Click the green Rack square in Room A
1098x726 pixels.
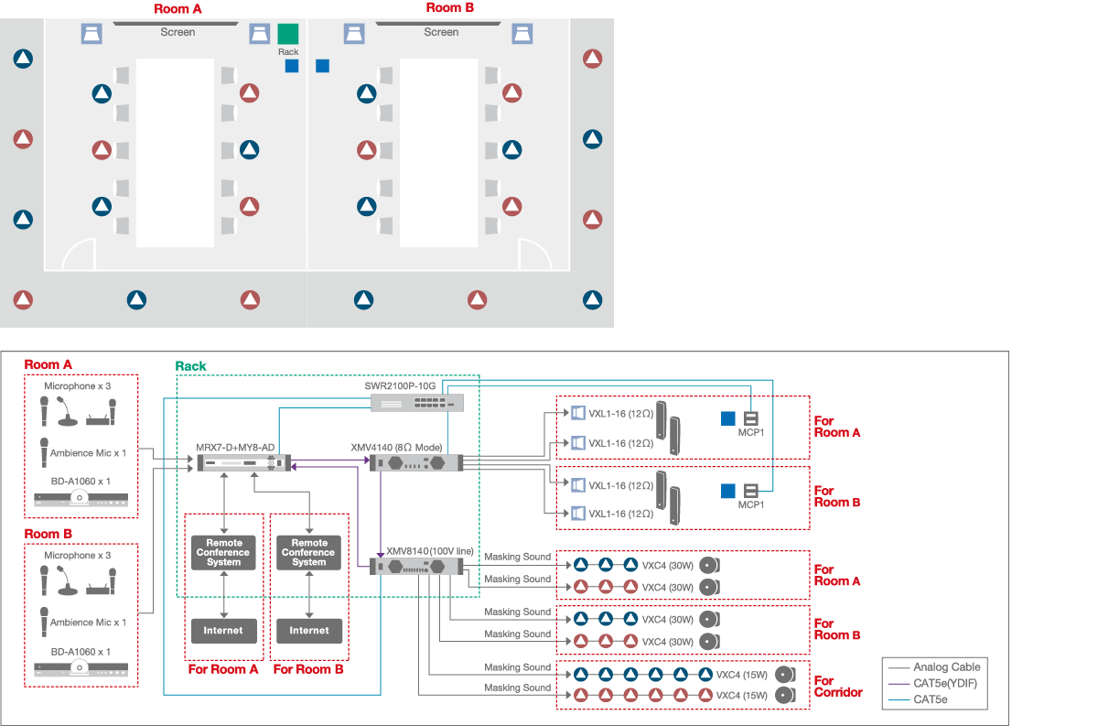click(x=288, y=35)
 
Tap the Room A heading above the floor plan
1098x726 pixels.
click(x=178, y=8)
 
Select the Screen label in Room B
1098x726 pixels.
click(x=441, y=32)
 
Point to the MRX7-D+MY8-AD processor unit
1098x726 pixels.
click(x=235, y=463)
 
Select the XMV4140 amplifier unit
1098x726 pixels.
click(x=416, y=463)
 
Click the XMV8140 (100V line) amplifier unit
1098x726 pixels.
click(x=416, y=567)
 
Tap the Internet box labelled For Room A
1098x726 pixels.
click(x=223, y=631)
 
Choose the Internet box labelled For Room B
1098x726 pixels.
click(x=309, y=631)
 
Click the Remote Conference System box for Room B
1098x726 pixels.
click(x=309, y=553)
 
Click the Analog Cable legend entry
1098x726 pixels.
click(x=946, y=667)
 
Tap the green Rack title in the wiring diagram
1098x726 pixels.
click(x=191, y=366)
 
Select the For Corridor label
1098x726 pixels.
click(x=837, y=687)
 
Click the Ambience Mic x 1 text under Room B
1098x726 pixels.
click(x=89, y=623)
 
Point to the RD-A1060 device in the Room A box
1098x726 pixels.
click(x=81, y=499)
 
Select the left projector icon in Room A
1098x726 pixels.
click(x=91, y=35)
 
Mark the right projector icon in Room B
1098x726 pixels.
click(x=522, y=35)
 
